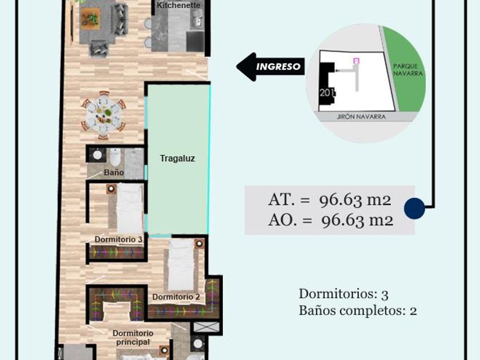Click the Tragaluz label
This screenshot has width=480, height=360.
tap(177, 158)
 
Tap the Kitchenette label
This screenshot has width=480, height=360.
tap(178, 5)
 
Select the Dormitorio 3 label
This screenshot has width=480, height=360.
tap(118, 239)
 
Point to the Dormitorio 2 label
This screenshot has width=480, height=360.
tap(176, 297)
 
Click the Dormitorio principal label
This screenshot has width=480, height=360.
tap(133, 338)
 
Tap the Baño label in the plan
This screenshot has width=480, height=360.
tap(114, 173)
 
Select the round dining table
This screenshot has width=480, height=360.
tap(103, 115)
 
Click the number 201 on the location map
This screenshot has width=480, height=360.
tap(327, 93)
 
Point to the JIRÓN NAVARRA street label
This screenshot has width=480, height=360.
tap(361, 117)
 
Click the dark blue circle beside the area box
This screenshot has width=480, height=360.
tap(414, 209)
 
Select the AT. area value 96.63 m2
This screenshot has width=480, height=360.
tap(355, 200)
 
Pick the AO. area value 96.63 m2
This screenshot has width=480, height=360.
tap(357, 220)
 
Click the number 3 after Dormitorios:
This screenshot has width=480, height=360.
tap(385, 295)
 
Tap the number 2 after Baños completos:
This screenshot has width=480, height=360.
tap(413, 311)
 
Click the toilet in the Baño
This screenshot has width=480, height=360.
tap(115, 156)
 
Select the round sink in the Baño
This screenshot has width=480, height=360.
tap(97, 155)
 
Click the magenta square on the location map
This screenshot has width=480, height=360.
tap(355, 61)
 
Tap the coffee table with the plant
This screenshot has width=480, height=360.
tap(91, 19)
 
